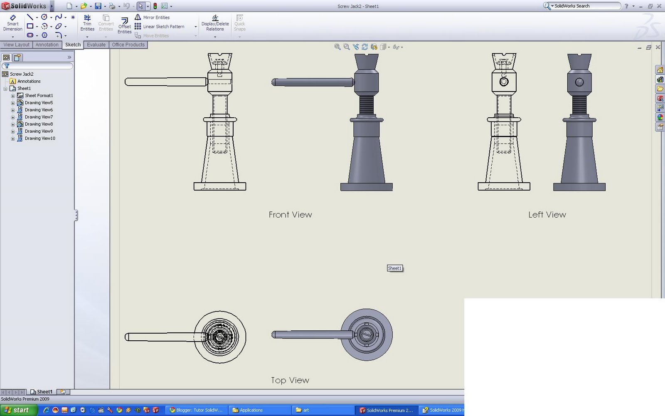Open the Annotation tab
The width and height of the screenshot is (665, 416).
pos(47,45)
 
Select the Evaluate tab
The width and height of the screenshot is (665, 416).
pos(96,45)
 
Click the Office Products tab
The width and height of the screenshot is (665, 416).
pos(128,45)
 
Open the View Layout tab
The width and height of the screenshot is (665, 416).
pos(17,45)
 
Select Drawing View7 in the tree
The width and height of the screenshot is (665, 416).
pos(39,117)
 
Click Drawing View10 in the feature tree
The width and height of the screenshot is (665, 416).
pos(40,139)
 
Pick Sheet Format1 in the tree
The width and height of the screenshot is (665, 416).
pos(39,96)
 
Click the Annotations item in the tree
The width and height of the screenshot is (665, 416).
pos(29,82)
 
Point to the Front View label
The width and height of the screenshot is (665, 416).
pos(290,215)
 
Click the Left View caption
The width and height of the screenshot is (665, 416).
pos(547,215)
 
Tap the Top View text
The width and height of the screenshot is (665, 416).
pos(290,380)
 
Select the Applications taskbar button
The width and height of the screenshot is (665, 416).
pos(251,410)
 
